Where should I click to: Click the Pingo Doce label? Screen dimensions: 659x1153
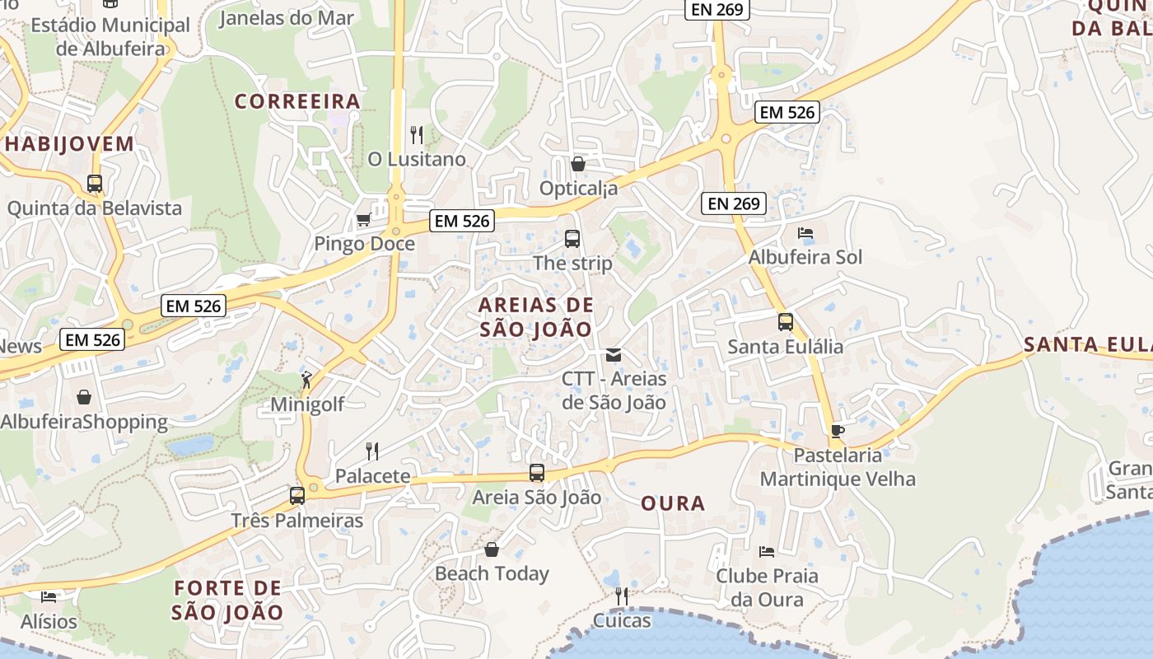364,244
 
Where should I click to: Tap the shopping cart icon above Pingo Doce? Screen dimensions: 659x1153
363,219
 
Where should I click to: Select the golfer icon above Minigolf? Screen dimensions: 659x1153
306,380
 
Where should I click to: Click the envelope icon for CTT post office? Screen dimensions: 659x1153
614,355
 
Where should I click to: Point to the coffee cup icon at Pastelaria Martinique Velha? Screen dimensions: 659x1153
837,431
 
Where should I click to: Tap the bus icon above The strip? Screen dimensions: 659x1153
572,239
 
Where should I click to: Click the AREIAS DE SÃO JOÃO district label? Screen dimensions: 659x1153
535,317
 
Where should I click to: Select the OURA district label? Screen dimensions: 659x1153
673,503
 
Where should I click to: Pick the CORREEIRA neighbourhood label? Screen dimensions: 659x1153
297,101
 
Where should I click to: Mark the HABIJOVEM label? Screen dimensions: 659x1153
69,144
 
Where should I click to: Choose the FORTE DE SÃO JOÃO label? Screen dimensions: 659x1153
228,601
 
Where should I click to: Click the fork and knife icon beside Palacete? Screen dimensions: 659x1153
372,451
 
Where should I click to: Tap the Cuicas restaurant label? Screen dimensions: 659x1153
622,620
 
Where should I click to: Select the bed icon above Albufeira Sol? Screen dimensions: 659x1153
805,233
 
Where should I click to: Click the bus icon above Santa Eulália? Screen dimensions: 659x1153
786,322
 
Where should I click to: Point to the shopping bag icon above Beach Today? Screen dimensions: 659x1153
492,549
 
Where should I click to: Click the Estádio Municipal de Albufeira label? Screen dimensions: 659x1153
110,36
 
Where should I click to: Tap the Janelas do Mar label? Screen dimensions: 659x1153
286,17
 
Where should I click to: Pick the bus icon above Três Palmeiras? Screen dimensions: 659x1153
297,496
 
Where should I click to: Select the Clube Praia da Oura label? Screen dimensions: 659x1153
767,587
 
